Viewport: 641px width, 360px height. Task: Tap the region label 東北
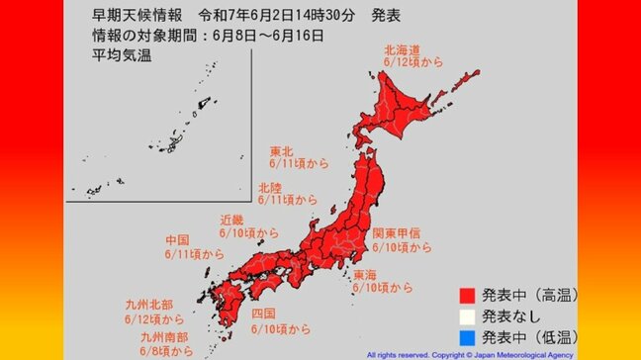point(282,152)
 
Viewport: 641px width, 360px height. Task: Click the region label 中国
point(179,240)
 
